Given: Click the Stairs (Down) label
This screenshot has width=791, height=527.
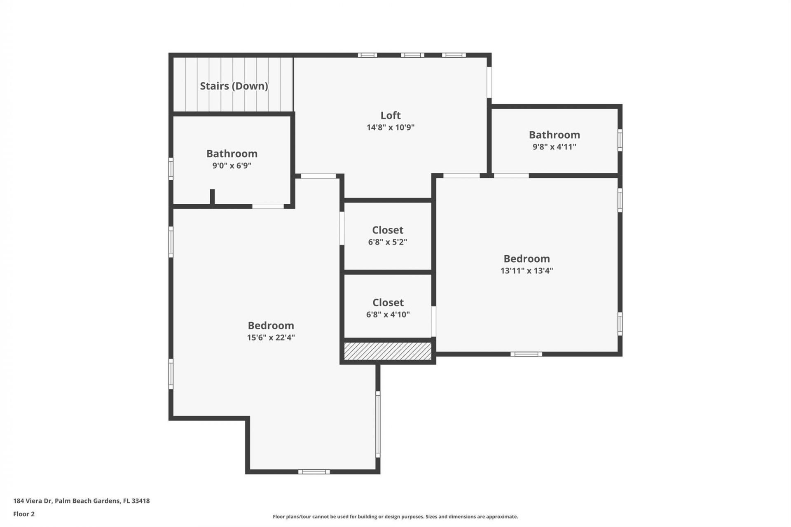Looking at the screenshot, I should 234,86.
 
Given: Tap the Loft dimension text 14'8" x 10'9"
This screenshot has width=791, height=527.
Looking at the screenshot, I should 390,127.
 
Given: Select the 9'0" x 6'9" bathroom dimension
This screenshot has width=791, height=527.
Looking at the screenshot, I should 232,166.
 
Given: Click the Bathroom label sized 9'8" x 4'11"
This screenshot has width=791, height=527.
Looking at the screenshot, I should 554,135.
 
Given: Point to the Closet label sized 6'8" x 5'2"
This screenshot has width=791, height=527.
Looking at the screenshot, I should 387,230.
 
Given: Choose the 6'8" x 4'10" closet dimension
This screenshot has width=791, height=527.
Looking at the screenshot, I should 388,315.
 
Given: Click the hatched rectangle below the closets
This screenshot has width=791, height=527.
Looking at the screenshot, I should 388,351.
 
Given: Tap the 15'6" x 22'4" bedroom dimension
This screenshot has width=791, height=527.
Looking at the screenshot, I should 271,338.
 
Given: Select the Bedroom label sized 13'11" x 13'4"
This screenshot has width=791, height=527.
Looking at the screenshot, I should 527,259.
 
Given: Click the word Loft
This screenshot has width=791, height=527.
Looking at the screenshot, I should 390,115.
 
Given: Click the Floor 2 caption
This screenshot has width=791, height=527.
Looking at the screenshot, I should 24,514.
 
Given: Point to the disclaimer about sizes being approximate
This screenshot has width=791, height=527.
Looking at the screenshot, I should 395,517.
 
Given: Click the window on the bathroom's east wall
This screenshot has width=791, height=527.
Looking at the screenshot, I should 620,140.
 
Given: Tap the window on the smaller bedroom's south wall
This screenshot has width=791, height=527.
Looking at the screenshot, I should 526,354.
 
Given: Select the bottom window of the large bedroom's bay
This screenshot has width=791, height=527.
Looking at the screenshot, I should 314,472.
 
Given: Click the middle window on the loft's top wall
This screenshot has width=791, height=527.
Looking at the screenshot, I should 412,55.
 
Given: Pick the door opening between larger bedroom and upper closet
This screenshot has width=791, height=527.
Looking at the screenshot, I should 342,228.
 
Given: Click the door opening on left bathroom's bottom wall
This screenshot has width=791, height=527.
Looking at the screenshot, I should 268,206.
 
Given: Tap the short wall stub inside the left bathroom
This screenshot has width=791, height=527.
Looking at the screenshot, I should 212,196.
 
